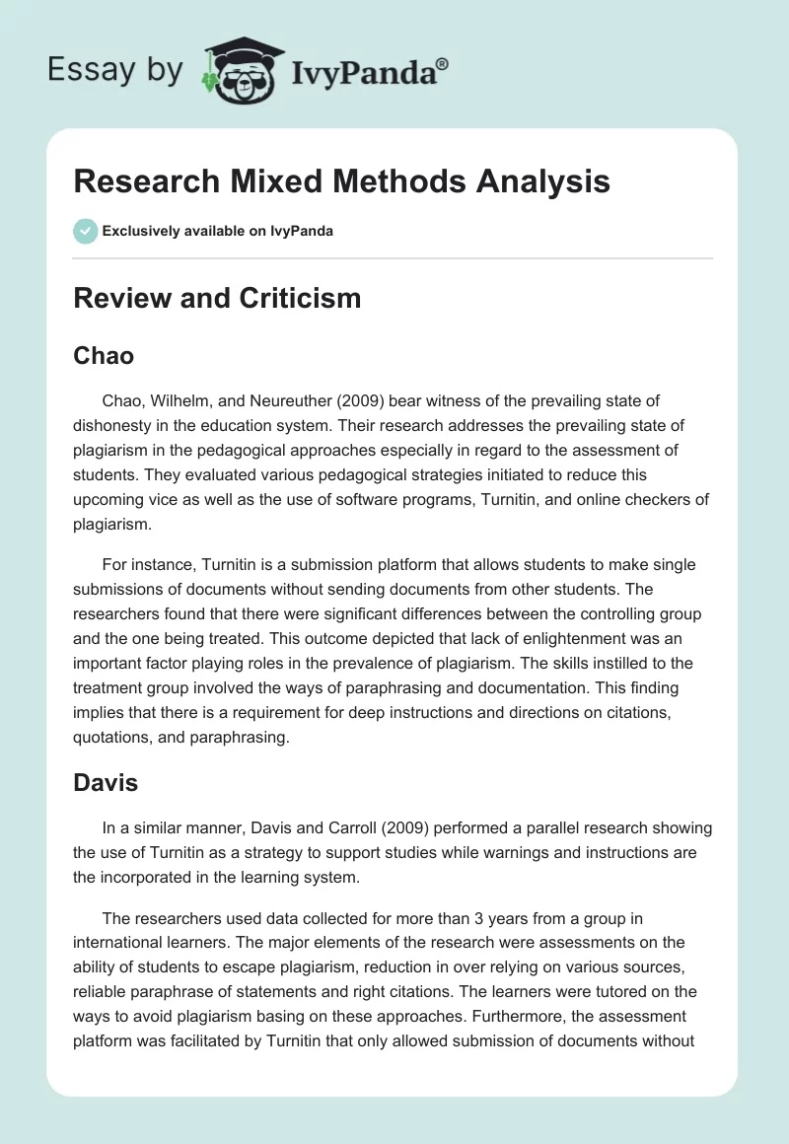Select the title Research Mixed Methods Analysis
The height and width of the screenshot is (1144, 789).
coord(341,182)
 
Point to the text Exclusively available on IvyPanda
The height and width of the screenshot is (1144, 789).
coord(218,231)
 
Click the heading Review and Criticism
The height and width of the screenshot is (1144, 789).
coord(217,297)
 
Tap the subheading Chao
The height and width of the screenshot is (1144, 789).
coord(104,355)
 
